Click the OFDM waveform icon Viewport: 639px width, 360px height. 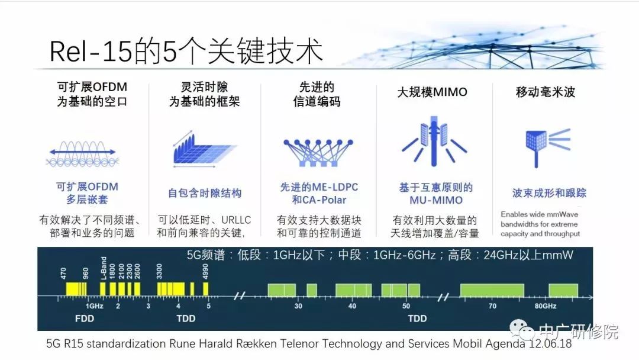[83, 154]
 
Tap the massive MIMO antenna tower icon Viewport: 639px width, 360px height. [434, 141]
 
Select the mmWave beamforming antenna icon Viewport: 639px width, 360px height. [547, 147]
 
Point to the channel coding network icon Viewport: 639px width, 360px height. [318, 153]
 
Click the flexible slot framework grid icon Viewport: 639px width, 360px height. [205, 149]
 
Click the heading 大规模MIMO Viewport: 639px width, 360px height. [432, 92]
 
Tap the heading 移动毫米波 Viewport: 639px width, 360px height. [546, 92]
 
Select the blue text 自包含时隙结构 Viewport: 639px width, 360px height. [205, 193]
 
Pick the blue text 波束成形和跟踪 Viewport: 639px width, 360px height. [549, 193]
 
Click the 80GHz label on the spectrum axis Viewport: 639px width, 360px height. [546, 306]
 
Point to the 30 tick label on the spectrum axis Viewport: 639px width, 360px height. [298, 306]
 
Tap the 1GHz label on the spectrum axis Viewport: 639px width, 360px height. [94, 306]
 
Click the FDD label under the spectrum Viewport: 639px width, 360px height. [85, 319]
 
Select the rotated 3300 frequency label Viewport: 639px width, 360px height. [159, 271]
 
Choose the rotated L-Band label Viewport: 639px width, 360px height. [104, 268]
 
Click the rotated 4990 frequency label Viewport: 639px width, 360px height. [205, 271]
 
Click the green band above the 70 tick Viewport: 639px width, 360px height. [492, 290]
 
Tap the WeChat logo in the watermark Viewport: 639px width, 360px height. [522, 329]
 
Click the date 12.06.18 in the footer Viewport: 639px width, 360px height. [550, 343]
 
